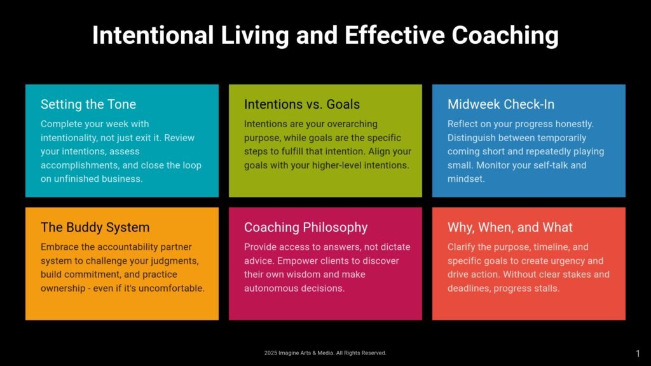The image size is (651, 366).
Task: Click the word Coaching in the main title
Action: [x=505, y=36]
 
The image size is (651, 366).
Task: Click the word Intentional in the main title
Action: [x=153, y=35]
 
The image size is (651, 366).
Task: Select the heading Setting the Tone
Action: [x=88, y=104]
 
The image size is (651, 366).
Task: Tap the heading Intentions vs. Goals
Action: [x=302, y=104]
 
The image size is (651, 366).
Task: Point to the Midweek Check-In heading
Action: [x=501, y=104]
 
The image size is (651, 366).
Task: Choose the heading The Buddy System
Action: [x=95, y=227]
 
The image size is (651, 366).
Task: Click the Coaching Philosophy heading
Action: [x=306, y=227]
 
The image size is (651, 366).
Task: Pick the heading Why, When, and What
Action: [x=510, y=227]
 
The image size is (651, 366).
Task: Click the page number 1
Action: [x=638, y=353]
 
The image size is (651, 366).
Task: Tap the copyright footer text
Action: [x=325, y=353]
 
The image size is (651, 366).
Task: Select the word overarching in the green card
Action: [x=353, y=124]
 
